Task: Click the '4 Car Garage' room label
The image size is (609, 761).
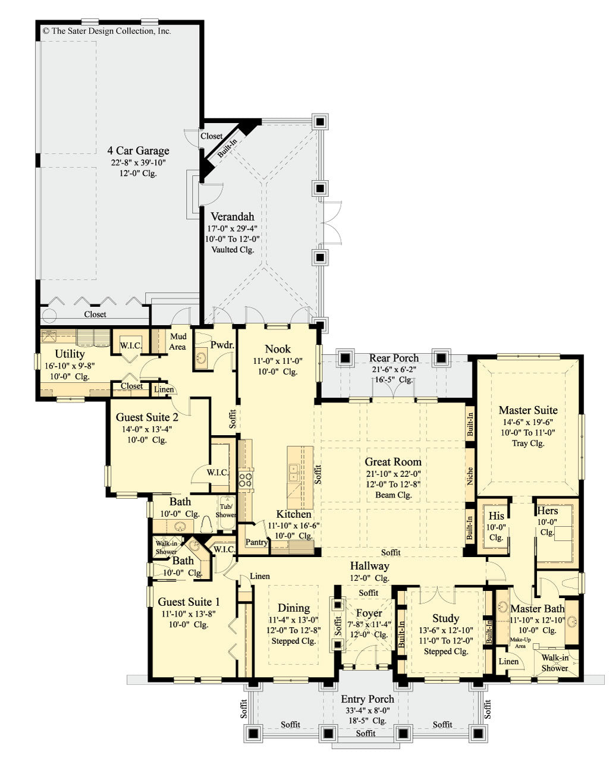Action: point(138,151)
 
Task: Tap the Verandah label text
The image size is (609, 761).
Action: point(232,217)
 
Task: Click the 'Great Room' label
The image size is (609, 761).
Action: point(393,462)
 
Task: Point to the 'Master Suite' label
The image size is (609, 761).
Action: point(528,410)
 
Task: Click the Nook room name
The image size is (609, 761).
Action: point(278,349)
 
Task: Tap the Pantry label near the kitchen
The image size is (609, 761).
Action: point(257,542)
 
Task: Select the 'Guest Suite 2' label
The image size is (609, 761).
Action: point(147,417)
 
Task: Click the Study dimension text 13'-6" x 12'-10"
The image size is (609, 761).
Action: point(445,630)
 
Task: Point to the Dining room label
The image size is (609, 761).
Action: point(294,608)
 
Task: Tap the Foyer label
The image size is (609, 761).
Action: point(369,614)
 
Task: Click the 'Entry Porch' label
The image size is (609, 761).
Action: point(367,699)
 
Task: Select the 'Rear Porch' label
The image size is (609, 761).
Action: point(394,358)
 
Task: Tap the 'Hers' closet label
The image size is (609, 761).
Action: point(547,511)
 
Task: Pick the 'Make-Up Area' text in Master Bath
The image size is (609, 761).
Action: point(519,643)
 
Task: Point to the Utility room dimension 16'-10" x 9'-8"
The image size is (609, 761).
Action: point(70,366)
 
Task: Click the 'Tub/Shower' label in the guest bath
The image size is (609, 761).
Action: point(226,511)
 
